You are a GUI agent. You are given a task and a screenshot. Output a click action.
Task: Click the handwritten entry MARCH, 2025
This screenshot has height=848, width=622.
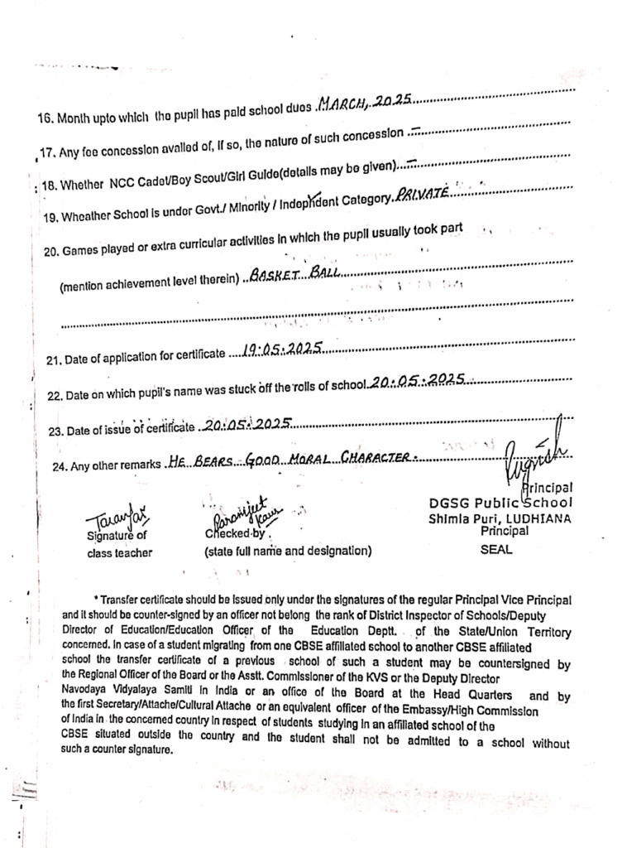365,103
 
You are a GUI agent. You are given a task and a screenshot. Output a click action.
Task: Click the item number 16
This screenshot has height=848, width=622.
45,118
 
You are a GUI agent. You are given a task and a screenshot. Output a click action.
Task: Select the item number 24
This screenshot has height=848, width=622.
60,467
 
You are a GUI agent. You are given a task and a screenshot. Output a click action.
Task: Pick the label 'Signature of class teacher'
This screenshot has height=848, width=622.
117,543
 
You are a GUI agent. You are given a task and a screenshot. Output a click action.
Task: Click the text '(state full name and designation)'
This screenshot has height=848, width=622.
287,550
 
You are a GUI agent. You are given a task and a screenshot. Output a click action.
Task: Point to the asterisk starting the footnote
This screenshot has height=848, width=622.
97,598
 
